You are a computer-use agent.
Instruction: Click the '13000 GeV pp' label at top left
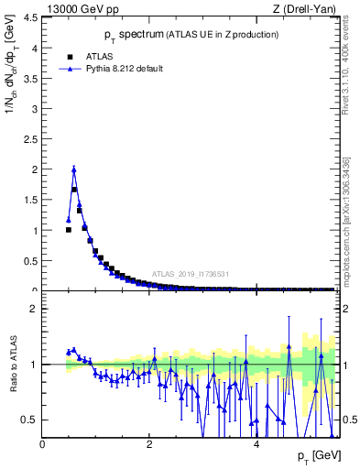74,10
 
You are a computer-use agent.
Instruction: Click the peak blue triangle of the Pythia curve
74,169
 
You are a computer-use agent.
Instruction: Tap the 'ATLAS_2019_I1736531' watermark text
191,274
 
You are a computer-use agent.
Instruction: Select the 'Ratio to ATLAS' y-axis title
12,364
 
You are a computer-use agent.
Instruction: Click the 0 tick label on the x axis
42,445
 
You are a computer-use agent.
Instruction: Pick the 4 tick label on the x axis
256,445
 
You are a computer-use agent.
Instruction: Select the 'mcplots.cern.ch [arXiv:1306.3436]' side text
345,208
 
